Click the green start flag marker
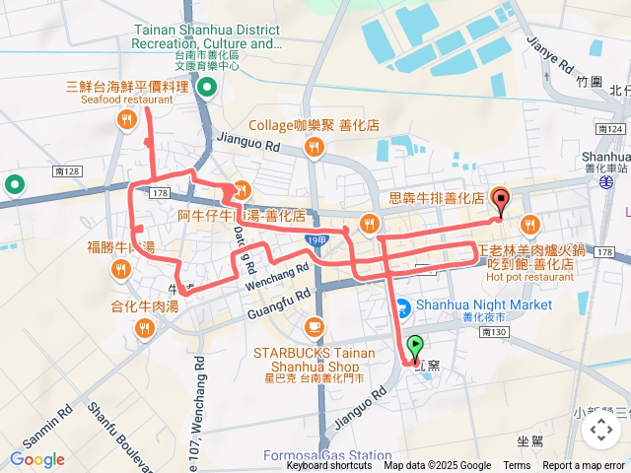[415, 347]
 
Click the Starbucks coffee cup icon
[314, 326]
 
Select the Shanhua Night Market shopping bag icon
[403, 305]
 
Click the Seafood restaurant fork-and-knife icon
[126, 120]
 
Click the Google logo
[36, 459]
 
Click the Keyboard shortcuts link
[329, 466]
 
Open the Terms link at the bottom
[517, 466]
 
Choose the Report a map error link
[585, 466]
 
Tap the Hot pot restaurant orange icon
[529, 223]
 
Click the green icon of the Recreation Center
[207, 89]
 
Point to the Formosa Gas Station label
[327, 455]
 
